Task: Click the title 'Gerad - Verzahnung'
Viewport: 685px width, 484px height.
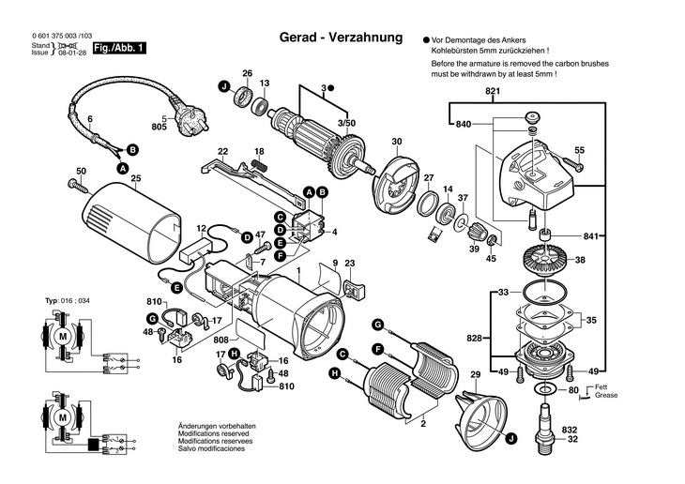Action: pyautogui.click(x=341, y=38)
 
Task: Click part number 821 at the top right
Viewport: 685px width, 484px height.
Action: pyautogui.click(x=493, y=91)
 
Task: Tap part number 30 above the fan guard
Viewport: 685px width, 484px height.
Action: pyautogui.click(x=396, y=142)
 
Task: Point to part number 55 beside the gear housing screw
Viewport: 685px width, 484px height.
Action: pyautogui.click(x=579, y=150)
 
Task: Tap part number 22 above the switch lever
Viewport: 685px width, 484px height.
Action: pyautogui.click(x=222, y=150)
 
